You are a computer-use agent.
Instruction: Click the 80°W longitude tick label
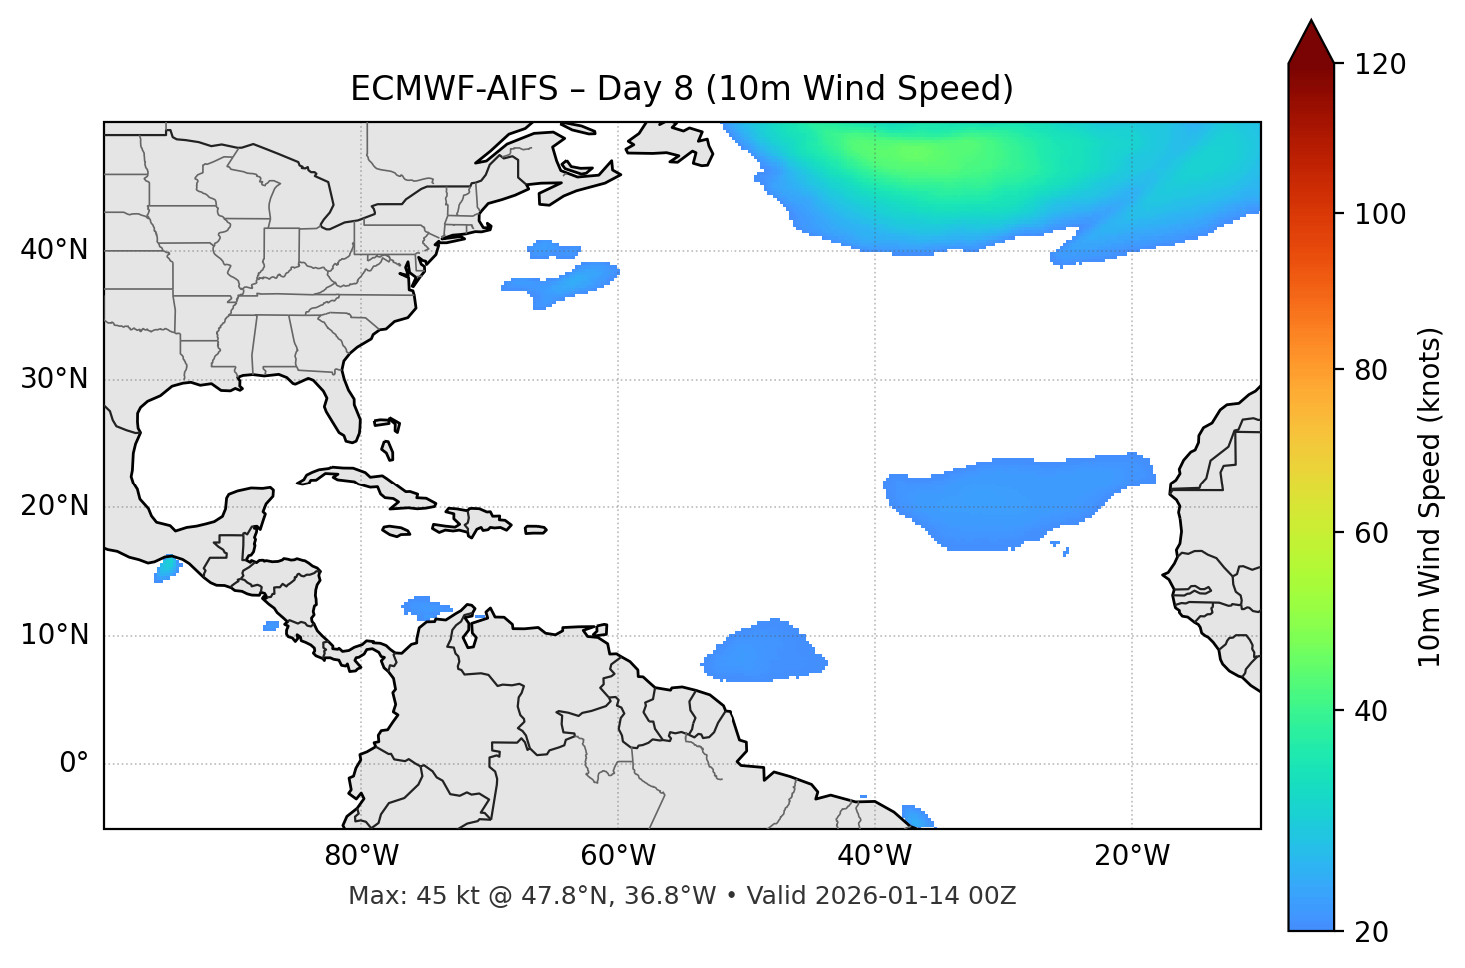361,856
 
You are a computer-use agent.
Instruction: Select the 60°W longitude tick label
617,856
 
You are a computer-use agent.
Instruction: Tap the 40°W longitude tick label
874,856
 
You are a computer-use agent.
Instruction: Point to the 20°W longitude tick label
1131,856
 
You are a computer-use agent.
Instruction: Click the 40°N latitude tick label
55,250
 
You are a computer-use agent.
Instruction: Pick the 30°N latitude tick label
55,379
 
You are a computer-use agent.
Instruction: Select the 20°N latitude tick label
55,506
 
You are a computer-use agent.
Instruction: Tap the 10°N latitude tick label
55,635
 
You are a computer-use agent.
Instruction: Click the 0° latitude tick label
74,764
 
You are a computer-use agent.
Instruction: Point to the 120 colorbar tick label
1381,65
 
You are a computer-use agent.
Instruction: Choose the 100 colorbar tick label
1381,214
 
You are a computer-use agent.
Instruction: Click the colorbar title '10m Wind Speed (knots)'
1430,496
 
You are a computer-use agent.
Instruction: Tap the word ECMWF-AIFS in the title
454,89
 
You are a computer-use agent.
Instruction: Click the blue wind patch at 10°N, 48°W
763,654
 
